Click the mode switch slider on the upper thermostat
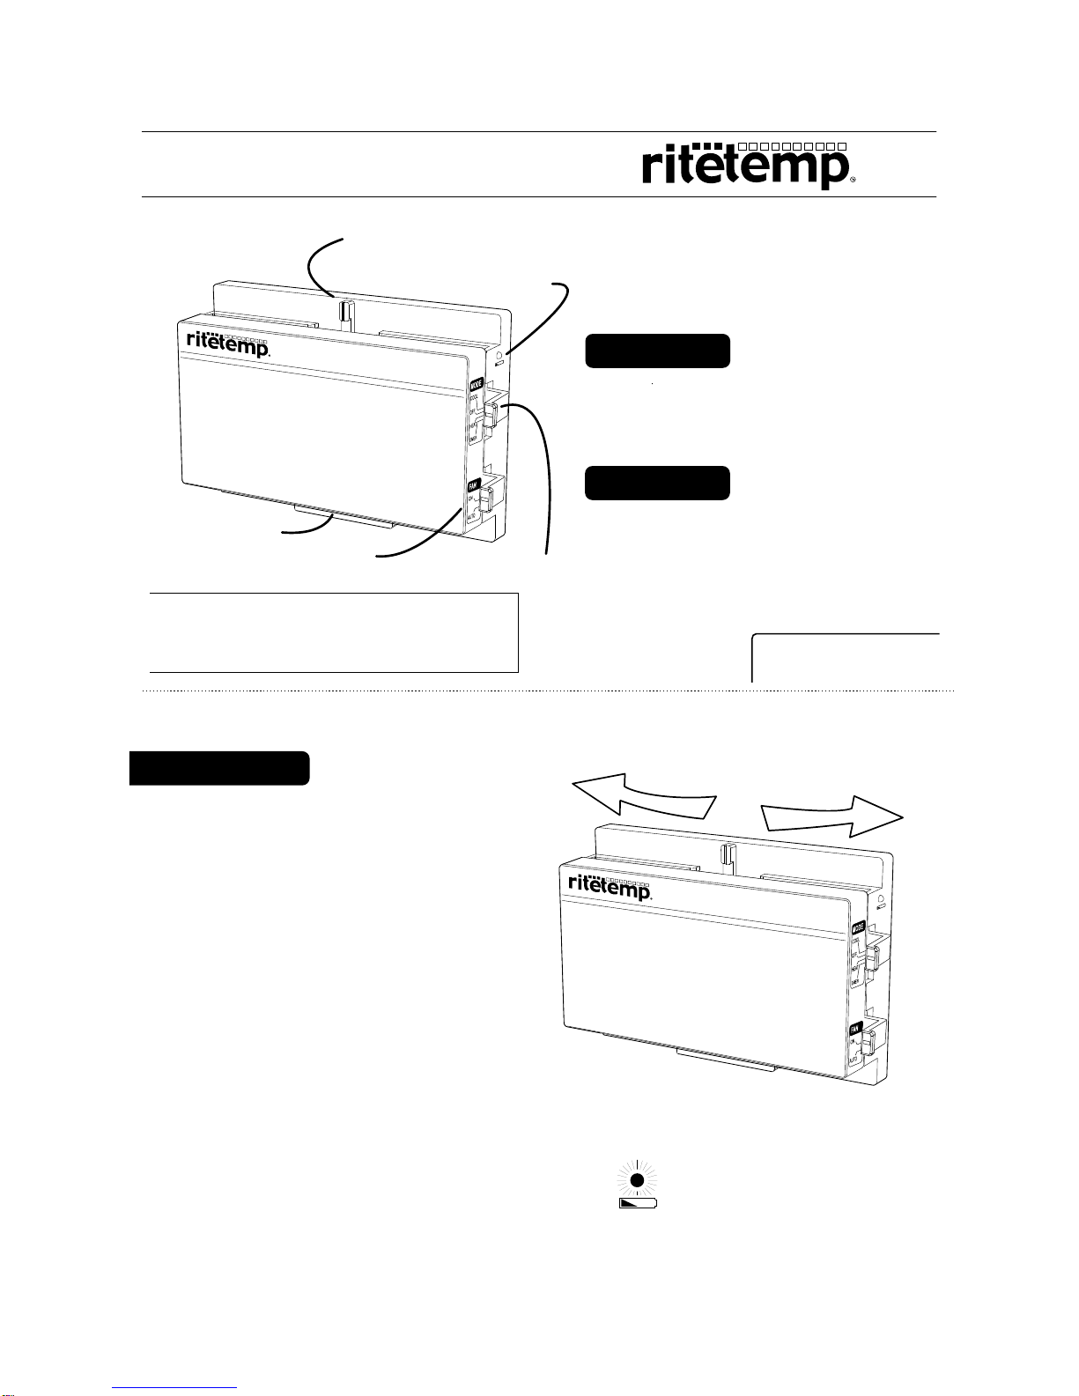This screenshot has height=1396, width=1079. click(491, 413)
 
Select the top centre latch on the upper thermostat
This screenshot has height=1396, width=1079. click(345, 312)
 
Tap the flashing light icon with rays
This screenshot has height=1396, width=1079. click(639, 1178)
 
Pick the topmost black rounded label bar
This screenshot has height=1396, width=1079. click(657, 351)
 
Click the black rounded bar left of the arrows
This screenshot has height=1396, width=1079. click(219, 768)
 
